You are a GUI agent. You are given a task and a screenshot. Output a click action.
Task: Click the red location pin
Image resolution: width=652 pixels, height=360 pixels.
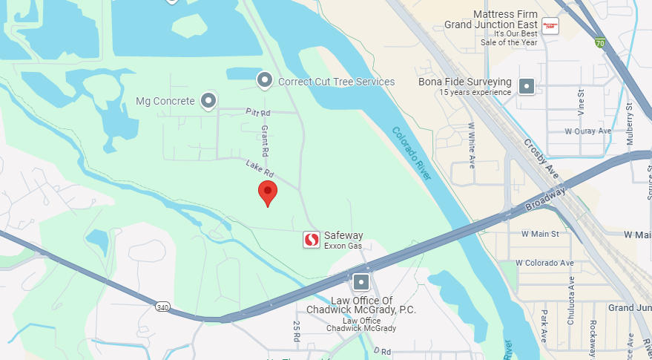pyautogui.click(x=268, y=192)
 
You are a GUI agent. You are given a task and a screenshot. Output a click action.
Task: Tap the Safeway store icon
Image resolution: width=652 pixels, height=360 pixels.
pyautogui.click(x=312, y=240)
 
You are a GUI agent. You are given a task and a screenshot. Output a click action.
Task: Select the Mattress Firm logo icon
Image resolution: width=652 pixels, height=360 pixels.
pyautogui.click(x=550, y=26)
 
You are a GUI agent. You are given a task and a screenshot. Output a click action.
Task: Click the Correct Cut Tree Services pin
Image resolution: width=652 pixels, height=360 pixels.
pyautogui.click(x=265, y=80)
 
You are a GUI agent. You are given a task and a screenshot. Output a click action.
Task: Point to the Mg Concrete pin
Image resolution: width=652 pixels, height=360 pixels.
pyautogui.click(x=209, y=100)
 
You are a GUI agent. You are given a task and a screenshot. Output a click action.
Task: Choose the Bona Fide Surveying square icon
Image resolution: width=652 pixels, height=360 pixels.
pyautogui.click(x=527, y=86)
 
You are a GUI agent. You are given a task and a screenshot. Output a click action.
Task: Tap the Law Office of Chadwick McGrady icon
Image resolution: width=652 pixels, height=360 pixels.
pyautogui.click(x=361, y=282)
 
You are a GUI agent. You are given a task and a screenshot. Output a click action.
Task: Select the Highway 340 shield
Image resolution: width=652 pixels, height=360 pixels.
pyautogui.click(x=162, y=306)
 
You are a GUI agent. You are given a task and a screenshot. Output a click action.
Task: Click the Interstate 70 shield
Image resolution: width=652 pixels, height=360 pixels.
pyautogui.click(x=599, y=43)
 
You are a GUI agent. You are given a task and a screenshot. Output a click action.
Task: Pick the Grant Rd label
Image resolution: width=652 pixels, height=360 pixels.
pyautogui.click(x=265, y=140)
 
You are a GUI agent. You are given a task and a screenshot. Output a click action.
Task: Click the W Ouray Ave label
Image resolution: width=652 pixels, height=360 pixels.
pyautogui.click(x=587, y=131)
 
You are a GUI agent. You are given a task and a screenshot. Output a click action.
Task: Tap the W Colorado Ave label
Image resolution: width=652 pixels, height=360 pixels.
pyautogui.click(x=544, y=263)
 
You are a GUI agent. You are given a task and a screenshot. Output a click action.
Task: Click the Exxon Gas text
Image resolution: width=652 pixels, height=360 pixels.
pyautogui.click(x=343, y=246)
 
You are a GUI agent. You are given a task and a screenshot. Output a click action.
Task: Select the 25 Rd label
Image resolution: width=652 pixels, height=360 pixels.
pyautogui.click(x=297, y=331)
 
